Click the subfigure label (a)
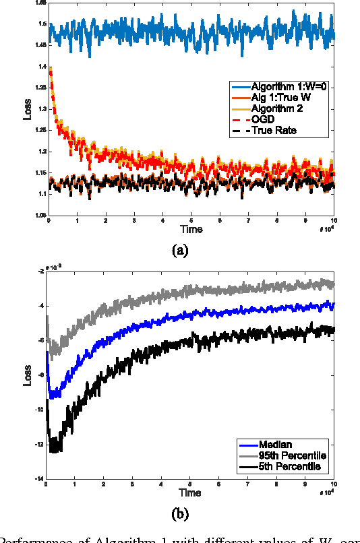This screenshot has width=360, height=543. coord(180,251)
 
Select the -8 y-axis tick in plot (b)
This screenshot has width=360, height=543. coord(41,375)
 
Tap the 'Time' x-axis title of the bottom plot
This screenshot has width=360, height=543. coord(189,493)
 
